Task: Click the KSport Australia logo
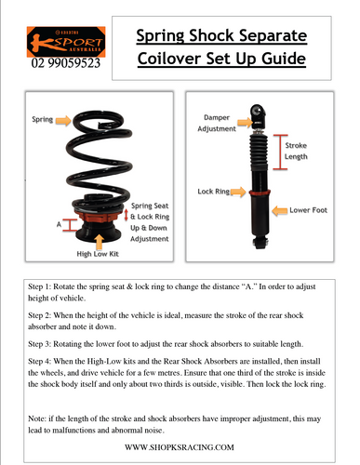click(x=66, y=42)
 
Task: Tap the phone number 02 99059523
click(x=66, y=63)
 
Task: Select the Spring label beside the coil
click(x=42, y=119)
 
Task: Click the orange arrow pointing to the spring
click(x=63, y=120)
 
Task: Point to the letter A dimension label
click(x=59, y=224)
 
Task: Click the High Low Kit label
click(x=98, y=254)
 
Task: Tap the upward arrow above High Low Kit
click(x=99, y=242)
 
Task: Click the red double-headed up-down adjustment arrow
click(x=127, y=215)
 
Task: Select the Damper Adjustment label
click(x=217, y=123)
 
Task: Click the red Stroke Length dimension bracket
click(x=280, y=152)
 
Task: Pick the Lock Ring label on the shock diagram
click(x=214, y=192)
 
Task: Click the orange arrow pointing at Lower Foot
click(x=280, y=211)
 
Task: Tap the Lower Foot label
click(x=308, y=210)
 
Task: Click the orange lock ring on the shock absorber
click(x=260, y=193)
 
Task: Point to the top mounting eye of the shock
click(x=258, y=111)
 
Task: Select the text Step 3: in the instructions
click(x=39, y=344)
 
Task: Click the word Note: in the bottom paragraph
click(x=37, y=418)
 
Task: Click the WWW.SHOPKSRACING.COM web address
click(x=180, y=447)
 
